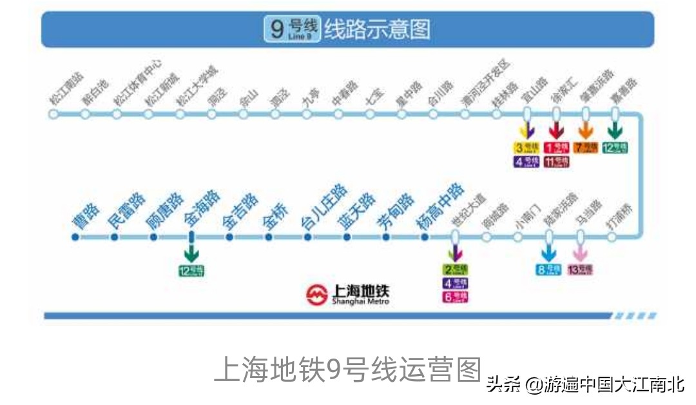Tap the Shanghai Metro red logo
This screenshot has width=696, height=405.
pos(317,295)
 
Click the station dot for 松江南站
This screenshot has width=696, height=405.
pos(53,114)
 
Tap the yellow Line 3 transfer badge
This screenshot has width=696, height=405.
pos(526,148)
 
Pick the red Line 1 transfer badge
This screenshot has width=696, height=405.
pos(556,148)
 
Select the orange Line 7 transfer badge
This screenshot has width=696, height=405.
pos(586,148)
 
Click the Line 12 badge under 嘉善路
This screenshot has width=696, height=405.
pos(615,148)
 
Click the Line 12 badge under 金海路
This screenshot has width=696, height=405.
pos(191,271)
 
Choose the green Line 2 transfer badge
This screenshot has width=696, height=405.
pos(455,270)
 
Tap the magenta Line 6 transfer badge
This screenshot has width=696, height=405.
pos(455,297)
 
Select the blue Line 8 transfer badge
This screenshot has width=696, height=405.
pos(548,270)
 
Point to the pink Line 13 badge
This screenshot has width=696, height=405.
pos(579,270)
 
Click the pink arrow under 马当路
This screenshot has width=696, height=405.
pos(580,253)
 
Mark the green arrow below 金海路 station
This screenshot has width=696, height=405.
pos(191,252)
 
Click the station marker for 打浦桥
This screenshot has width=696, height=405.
pos(611,237)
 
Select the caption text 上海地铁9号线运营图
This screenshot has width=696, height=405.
pos(347,370)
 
